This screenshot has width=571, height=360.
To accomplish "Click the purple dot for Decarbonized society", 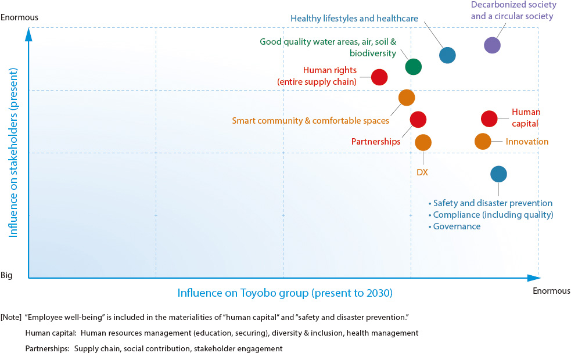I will (x=492, y=45).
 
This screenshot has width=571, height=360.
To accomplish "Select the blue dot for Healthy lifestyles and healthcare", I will (x=447, y=55).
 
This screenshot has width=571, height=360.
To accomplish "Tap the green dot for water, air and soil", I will (x=413, y=67).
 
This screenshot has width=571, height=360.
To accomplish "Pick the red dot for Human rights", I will (x=379, y=77).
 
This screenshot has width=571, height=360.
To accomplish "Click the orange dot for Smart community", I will (x=407, y=98).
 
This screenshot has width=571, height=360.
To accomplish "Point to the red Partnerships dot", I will (x=418, y=119).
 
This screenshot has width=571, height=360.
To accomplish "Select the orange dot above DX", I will (x=423, y=142).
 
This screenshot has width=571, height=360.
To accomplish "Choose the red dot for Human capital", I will (x=489, y=118).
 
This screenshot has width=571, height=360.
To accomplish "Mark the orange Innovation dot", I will (x=483, y=141).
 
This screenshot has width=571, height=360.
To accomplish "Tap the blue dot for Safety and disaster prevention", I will (x=498, y=174).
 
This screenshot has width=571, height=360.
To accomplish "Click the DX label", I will (x=422, y=172).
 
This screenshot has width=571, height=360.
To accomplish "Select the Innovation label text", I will (x=527, y=142).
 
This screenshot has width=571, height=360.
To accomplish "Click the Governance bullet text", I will (x=457, y=226).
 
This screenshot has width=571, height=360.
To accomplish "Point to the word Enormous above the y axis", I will (x=20, y=17).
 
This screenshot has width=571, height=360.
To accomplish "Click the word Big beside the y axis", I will (x=8, y=275).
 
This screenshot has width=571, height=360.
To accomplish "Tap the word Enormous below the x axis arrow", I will (x=551, y=291).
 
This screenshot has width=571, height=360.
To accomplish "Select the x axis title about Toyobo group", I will (x=285, y=293).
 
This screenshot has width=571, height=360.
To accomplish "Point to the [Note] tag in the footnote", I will (x=12, y=316).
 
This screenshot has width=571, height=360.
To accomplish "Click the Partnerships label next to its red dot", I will (x=376, y=142).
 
